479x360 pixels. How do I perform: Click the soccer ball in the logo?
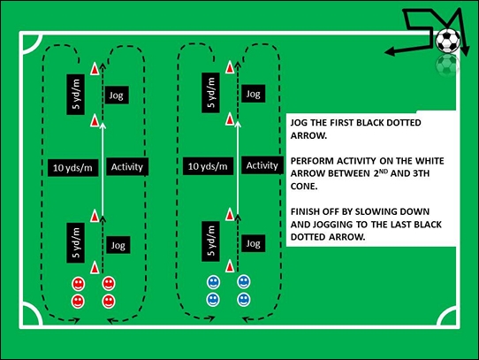point(447,40)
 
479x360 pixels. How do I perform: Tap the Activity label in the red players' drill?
point(127,165)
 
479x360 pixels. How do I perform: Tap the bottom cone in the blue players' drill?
point(231,265)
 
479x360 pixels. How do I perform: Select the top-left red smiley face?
point(78,284)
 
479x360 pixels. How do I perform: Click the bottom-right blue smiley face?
point(244,300)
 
